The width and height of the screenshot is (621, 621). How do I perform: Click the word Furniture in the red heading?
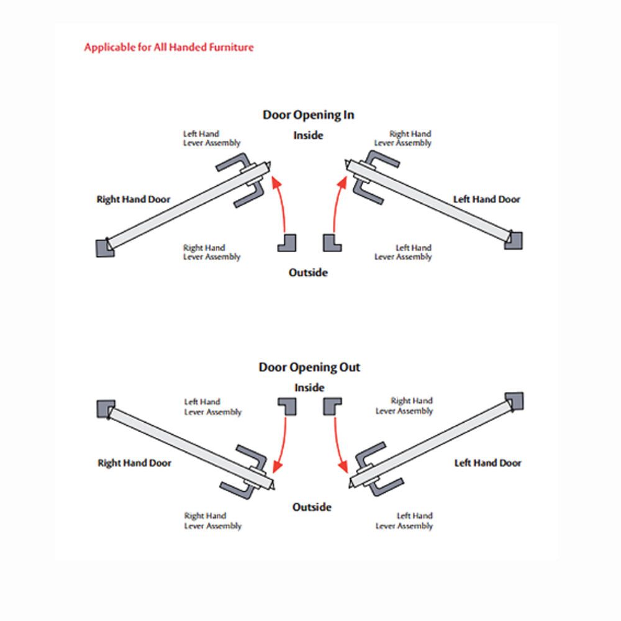coord(231,47)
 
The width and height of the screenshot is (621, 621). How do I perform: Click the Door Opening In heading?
coord(308,116)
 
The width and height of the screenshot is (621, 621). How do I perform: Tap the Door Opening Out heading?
coord(309,368)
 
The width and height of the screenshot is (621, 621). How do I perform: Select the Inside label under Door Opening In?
coord(308,135)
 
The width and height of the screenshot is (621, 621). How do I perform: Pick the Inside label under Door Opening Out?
coord(309,388)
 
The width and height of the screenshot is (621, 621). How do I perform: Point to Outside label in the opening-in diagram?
coord(308,273)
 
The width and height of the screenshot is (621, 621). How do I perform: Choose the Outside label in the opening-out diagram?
coord(312,507)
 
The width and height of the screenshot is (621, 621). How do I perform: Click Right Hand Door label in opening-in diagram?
coord(134,199)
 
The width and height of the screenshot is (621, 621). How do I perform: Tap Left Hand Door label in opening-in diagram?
coord(487,199)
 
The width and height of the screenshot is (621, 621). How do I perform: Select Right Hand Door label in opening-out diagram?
coord(135,463)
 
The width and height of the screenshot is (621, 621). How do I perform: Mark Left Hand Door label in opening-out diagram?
coord(488,463)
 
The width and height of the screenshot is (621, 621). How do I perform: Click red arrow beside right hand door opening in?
coord(281,202)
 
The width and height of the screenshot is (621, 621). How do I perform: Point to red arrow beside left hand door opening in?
coord(337,202)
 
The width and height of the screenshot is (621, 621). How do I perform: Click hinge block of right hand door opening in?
coord(105,248)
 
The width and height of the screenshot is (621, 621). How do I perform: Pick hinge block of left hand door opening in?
coord(514,240)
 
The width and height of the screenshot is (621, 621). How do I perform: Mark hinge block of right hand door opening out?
coord(106,409)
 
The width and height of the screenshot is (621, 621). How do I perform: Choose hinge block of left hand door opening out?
coord(514,402)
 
